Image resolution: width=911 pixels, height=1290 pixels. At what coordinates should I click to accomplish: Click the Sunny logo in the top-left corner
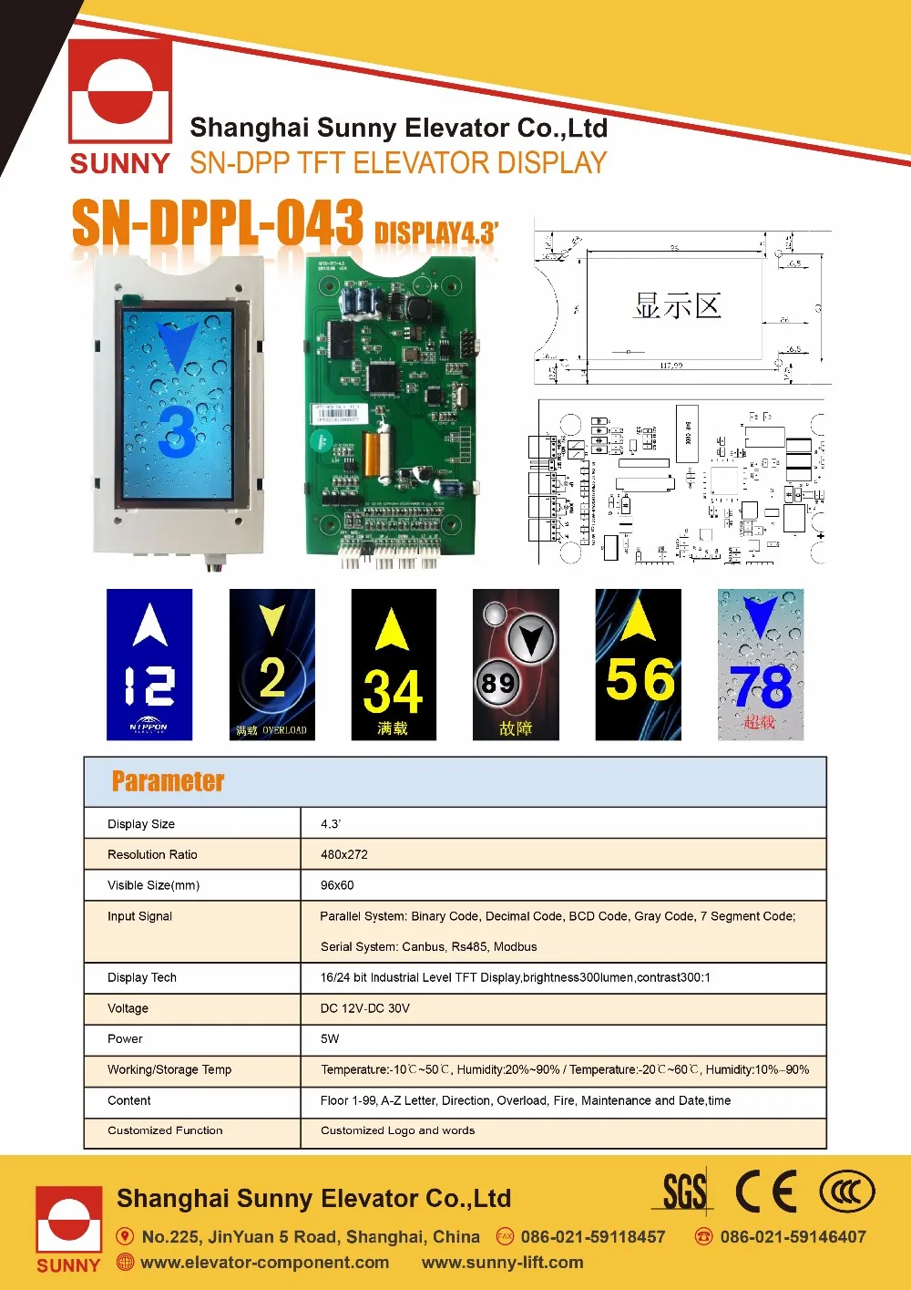tap(120, 105)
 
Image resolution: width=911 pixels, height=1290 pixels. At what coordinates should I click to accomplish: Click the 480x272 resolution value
tap(344, 854)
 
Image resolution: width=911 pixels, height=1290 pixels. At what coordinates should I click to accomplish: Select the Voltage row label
tap(128, 1008)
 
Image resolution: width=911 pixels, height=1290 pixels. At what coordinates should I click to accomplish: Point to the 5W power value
tap(330, 1038)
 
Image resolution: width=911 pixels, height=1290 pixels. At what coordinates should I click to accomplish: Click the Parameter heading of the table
tap(168, 781)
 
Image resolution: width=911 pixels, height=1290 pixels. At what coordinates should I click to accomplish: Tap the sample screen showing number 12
tap(149, 664)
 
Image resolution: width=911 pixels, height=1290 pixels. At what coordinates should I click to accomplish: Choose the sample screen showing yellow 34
tap(394, 664)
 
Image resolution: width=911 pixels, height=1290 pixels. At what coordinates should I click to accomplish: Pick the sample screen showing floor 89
tap(516, 664)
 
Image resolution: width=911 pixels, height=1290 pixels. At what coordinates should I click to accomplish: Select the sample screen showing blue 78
tap(761, 664)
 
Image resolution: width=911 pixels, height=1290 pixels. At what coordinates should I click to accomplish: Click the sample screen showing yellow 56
tap(638, 664)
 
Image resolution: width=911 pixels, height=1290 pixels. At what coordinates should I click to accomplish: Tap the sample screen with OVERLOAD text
tap(271, 664)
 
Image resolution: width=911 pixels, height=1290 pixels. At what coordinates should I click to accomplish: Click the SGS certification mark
tap(684, 1191)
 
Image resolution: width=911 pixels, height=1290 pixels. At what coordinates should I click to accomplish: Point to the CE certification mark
tap(765, 1191)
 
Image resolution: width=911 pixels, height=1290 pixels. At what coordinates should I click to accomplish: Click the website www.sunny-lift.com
tap(502, 1263)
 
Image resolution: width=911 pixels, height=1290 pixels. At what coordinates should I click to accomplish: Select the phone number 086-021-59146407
tap(793, 1237)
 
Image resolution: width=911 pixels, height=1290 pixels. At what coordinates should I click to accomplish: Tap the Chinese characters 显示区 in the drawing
tap(678, 305)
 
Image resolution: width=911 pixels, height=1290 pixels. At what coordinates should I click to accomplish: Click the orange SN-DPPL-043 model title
tap(218, 223)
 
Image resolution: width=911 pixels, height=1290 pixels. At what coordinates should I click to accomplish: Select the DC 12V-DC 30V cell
tap(365, 1008)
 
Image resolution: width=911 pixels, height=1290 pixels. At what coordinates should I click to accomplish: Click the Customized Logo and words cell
tap(397, 1130)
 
